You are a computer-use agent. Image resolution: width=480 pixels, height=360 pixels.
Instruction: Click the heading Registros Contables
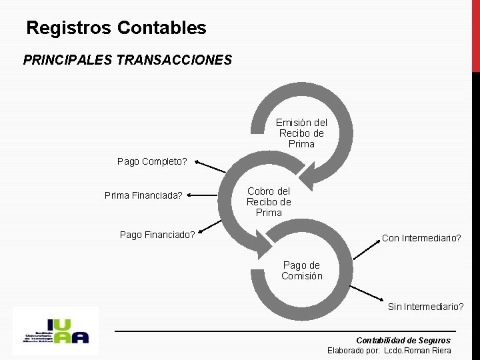(x=116, y=28)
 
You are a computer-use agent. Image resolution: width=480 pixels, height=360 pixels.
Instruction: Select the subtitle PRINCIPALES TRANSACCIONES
(x=127, y=60)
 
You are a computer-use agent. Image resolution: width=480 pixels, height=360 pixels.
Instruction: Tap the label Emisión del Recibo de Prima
(x=301, y=133)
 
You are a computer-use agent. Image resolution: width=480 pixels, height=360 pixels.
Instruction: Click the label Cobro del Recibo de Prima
(x=269, y=201)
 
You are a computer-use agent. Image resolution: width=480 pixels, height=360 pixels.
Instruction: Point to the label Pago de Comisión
(x=301, y=271)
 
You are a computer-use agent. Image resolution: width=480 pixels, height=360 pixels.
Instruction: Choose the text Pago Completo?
(x=152, y=161)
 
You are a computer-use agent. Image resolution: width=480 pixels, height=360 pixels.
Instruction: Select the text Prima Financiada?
(x=143, y=195)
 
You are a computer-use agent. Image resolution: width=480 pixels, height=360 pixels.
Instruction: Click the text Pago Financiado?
(x=157, y=234)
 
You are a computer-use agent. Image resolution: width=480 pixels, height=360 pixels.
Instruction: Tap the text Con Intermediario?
(x=421, y=238)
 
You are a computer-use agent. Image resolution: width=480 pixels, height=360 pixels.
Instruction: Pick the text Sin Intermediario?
(x=426, y=307)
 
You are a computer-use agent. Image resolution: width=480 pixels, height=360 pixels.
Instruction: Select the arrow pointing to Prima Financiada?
(x=207, y=195)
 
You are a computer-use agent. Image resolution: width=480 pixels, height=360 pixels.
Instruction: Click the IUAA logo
(x=55, y=331)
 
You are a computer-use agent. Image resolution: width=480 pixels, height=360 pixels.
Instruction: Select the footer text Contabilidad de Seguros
(x=403, y=340)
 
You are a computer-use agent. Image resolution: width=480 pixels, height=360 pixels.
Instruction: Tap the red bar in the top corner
(x=475, y=33)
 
